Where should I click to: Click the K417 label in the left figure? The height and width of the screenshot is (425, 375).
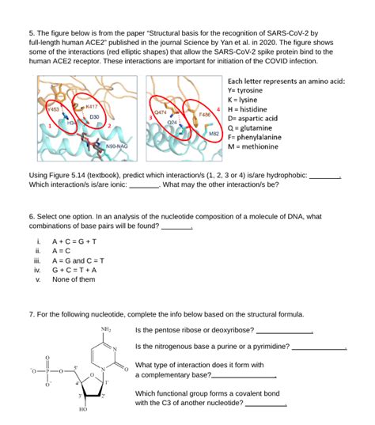click(x=91, y=107)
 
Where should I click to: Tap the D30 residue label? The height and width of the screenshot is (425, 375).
click(x=94, y=117)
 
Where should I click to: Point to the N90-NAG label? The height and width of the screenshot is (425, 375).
click(x=117, y=146)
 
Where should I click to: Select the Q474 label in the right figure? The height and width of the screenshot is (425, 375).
click(x=160, y=112)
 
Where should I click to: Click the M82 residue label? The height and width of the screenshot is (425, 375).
click(x=214, y=133)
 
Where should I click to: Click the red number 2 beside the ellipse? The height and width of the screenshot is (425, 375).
click(x=110, y=126)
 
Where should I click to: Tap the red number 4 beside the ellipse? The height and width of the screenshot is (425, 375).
click(x=218, y=109)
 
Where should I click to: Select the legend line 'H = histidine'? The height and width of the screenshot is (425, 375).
click(x=248, y=109)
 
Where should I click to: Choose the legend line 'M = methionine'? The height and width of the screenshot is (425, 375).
click(x=253, y=146)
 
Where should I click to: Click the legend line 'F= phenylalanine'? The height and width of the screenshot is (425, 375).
click(x=255, y=137)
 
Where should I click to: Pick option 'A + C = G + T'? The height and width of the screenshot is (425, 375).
click(x=74, y=241)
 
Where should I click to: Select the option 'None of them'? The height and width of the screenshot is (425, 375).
click(x=74, y=279)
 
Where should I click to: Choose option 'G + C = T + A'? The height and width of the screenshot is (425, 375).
click(x=74, y=270)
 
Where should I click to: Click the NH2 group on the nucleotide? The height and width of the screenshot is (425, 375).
click(x=106, y=330)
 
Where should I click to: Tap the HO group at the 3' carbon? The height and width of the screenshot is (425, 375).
click(x=83, y=409)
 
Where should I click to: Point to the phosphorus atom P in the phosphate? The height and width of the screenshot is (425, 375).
click(x=47, y=371)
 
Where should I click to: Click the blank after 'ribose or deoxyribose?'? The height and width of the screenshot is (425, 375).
click(x=285, y=332)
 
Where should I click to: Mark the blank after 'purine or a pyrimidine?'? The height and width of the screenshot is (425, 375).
click(x=319, y=348)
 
